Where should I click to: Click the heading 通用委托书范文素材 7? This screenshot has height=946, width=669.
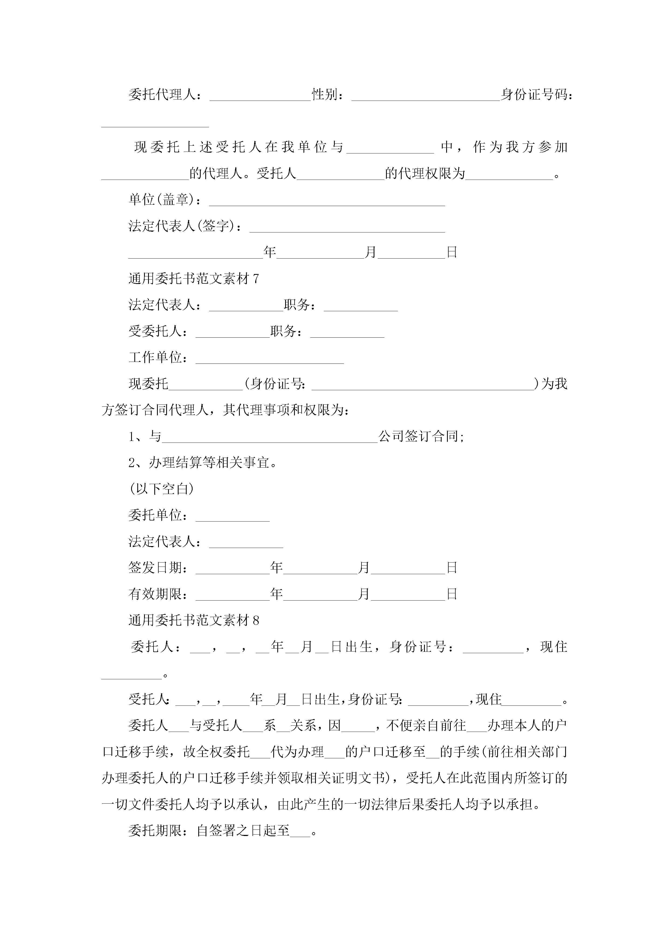[194, 279]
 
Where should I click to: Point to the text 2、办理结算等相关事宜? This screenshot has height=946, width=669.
[202, 463]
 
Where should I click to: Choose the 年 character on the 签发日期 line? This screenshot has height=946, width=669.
[276, 568]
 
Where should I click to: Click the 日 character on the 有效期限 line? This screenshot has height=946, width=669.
[452, 594]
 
